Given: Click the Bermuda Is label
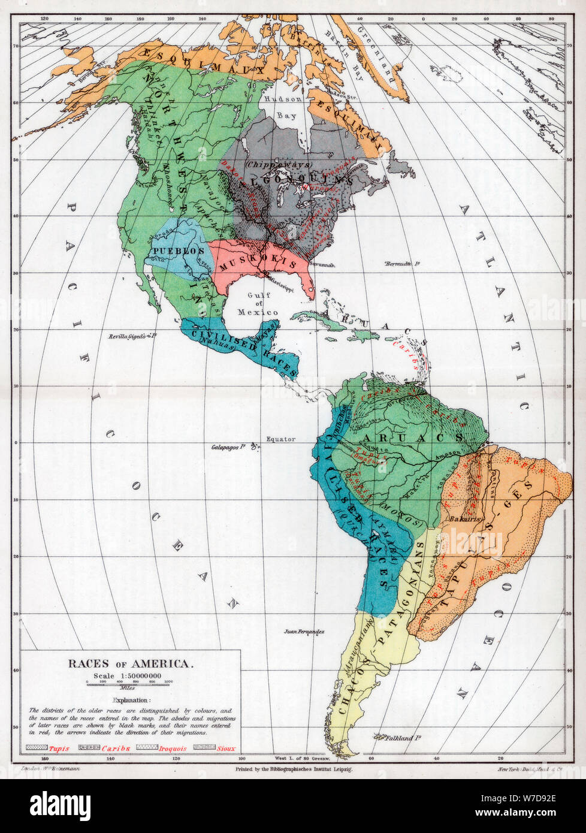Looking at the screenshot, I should (399, 264).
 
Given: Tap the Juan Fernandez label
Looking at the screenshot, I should (304, 632).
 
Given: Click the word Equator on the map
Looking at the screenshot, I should (281, 439).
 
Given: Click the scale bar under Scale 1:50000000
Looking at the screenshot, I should (130, 682).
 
